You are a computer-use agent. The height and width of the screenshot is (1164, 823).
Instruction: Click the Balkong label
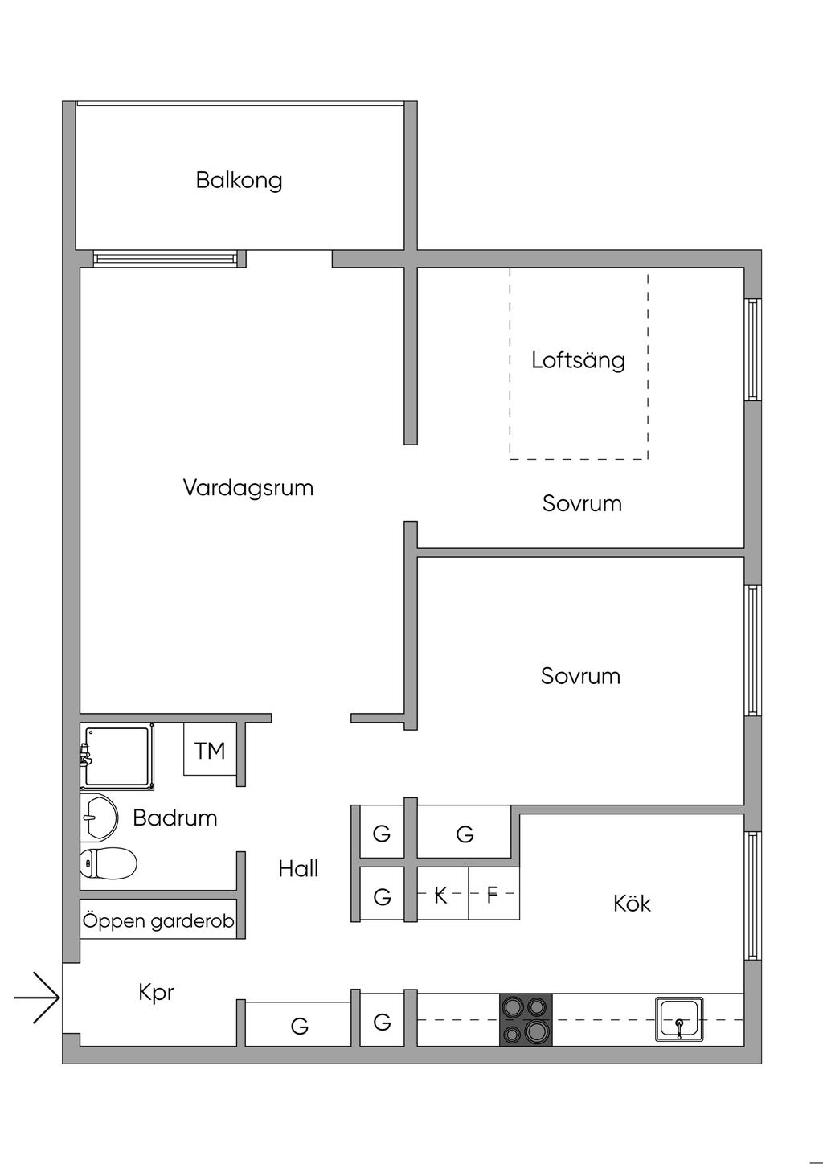(239, 179)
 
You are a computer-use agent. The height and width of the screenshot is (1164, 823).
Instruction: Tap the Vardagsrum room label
(248, 488)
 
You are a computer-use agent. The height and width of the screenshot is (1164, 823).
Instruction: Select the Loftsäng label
(578, 359)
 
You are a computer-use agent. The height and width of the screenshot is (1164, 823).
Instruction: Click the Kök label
(632, 904)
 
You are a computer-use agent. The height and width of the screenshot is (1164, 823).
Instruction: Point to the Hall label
(298, 868)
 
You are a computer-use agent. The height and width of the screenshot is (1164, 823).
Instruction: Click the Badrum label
(174, 818)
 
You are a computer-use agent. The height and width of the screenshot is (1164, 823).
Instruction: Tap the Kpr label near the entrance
(156, 993)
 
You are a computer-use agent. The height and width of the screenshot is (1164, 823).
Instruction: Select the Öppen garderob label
(158, 920)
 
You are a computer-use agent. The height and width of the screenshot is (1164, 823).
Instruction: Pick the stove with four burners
(526, 1019)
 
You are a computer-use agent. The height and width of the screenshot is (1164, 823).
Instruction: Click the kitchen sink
(679, 1019)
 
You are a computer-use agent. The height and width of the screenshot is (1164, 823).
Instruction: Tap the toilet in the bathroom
(108, 863)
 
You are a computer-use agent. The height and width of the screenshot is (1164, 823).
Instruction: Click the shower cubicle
(117, 756)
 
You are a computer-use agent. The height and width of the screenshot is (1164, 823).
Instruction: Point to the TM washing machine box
(210, 750)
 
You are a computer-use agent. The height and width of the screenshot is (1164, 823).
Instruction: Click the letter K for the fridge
(440, 895)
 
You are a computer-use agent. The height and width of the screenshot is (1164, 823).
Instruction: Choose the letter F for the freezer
(493, 895)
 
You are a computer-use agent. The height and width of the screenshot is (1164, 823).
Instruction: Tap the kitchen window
(752, 895)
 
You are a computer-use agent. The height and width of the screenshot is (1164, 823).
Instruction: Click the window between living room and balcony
(166, 258)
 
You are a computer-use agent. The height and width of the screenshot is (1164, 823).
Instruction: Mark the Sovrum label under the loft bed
(582, 504)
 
